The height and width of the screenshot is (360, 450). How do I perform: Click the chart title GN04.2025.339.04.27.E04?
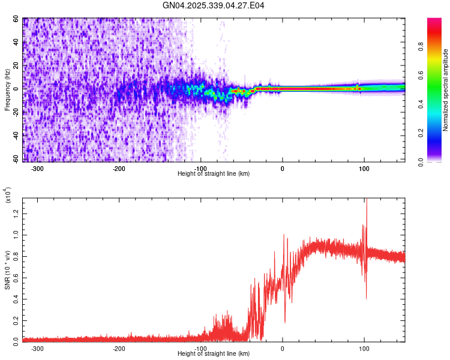click(214, 6)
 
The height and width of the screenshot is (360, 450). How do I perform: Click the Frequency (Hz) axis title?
click(7, 90)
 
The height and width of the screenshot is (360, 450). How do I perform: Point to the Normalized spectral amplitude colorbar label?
click(446, 90)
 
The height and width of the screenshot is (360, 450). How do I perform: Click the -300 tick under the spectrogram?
click(37, 169)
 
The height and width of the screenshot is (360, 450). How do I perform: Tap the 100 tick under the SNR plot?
click(364, 348)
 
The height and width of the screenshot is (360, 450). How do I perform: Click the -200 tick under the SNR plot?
click(119, 348)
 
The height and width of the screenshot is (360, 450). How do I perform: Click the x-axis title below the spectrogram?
click(214, 174)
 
